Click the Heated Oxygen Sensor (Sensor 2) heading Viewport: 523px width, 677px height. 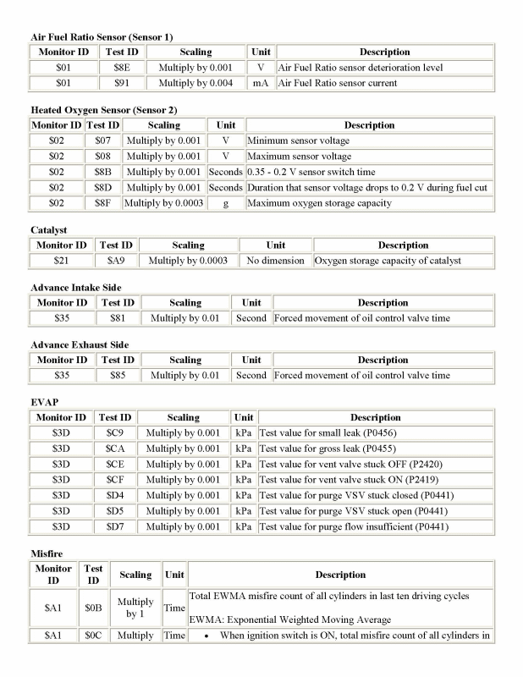[x=103, y=110]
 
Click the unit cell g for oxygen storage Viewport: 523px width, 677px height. [x=225, y=203]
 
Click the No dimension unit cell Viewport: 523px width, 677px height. [x=275, y=261]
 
